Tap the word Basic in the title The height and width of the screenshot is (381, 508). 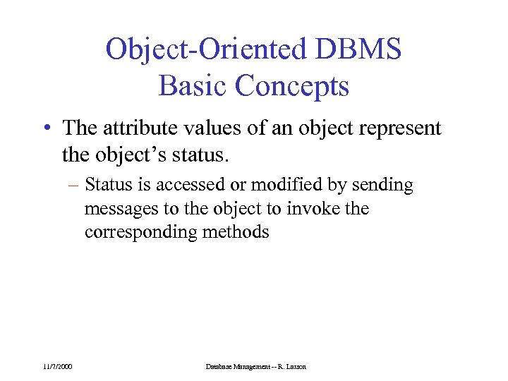pyautogui.click(x=193, y=86)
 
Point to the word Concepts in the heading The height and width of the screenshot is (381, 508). pyautogui.click(x=291, y=86)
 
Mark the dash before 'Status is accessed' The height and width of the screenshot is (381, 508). pyautogui.click(x=74, y=186)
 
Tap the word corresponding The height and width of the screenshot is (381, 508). pyautogui.click(x=134, y=232)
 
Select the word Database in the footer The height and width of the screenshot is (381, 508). pyautogui.click(x=219, y=366)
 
